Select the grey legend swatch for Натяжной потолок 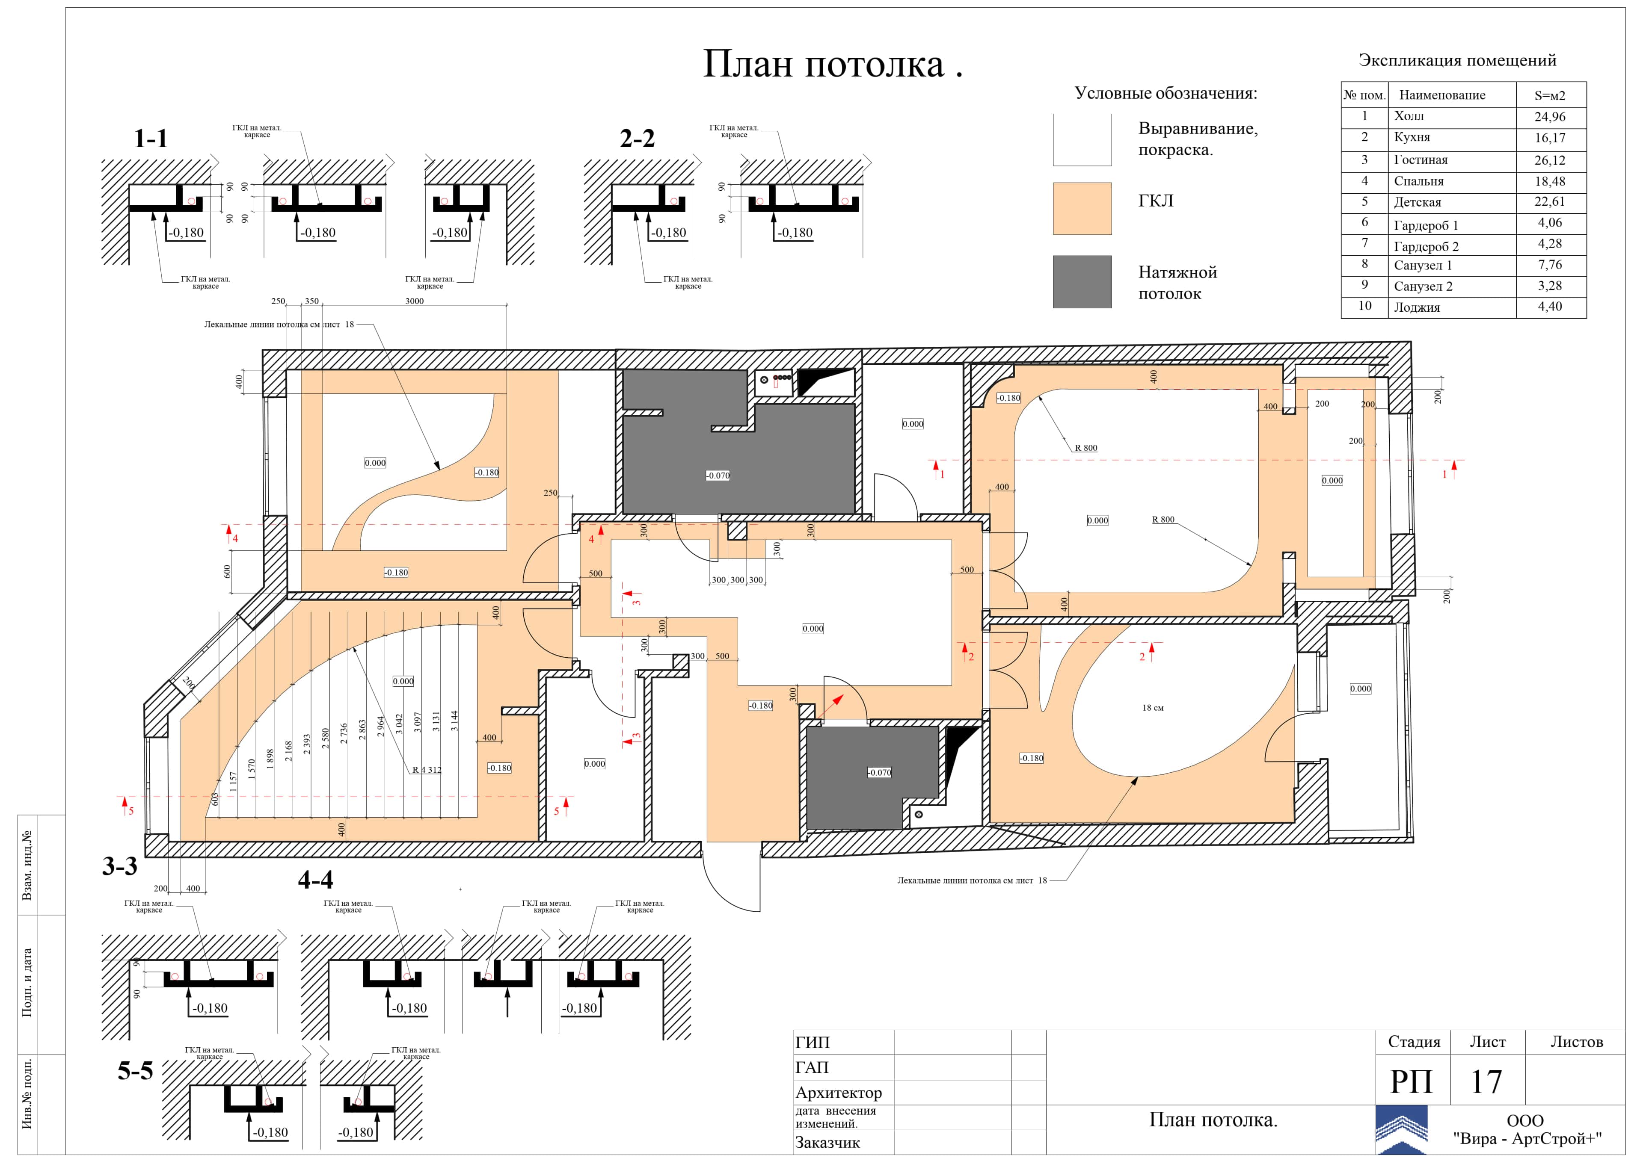click(1082, 282)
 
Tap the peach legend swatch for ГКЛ click(1082, 208)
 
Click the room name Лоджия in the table click(1416, 307)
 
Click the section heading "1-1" click(151, 138)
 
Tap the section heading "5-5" click(135, 1071)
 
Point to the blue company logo click(1401, 1130)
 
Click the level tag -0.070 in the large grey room click(718, 475)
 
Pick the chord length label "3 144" click(454, 721)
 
